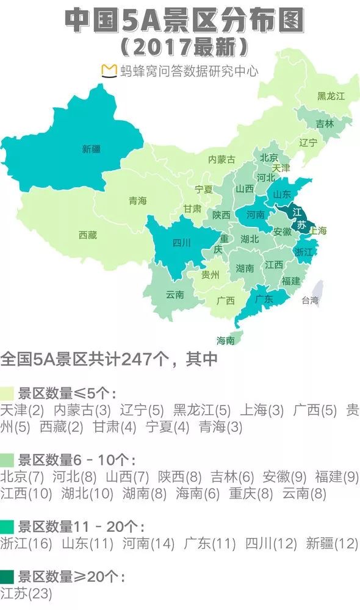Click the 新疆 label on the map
coord(92,149)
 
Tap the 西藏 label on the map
coord(88,235)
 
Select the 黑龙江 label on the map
coord(331,96)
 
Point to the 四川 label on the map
coord(181,243)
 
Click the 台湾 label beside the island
coord(310,300)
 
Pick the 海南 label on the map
coord(226,340)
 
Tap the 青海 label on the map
coord(138,201)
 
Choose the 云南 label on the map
coord(175,295)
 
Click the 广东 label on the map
coord(263,299)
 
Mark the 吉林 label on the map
coord(325,124)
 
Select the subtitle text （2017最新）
coord(184,46)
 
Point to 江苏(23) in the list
coord(26,594)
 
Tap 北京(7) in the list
coord(23,476)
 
